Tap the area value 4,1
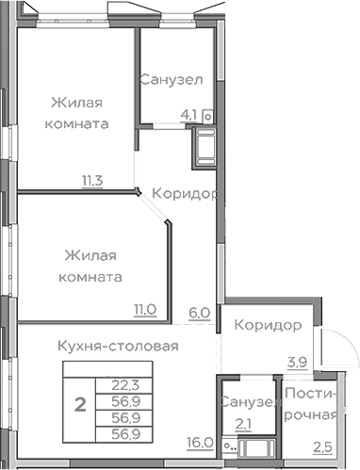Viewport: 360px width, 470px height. (x=188, y=116)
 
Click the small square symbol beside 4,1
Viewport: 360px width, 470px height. (x=206, y=117)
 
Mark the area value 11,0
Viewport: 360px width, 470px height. (x=143, y=307)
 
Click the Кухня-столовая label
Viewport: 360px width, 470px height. (x=117, y=346)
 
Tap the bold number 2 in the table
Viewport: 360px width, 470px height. (x=80, y=405)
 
